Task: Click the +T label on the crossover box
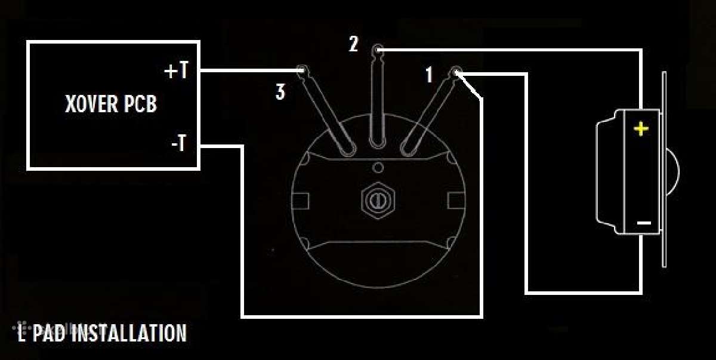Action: click(x=176, y=70)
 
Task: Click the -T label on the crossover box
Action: click(x=178, y=143)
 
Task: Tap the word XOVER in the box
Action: click(x=91, y=104)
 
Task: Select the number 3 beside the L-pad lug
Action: click(x=280, y=92)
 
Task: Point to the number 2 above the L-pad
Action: click(x=353, y=44)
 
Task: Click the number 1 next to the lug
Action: click(x=429, y=75)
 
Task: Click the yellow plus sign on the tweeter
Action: click(x=641, y=129)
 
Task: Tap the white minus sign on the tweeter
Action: click(x=644, y=223)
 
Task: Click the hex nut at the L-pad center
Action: click(x=378, y=201)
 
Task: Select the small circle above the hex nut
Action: click(x=378, y=167)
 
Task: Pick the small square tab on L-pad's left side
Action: click(x=301, y=201)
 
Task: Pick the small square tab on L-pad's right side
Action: click(x=456, y=201)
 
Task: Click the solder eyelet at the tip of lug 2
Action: click(x=378, y=50)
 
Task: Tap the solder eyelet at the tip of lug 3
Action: click(x=303, y=70)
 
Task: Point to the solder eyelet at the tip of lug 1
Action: click(x=455, y=72)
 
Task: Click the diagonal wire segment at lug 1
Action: click(x=468, y=86)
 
